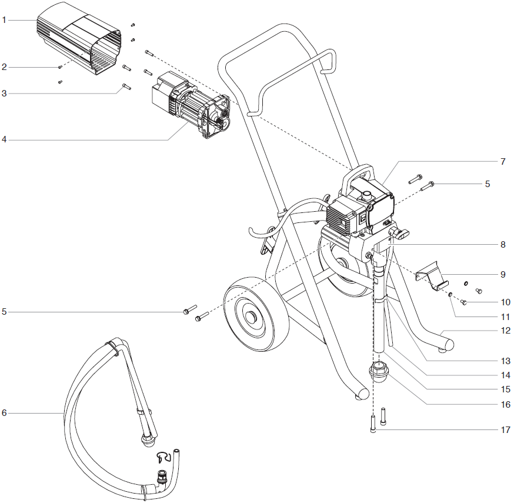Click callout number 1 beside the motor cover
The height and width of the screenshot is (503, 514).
click(x=4, y=20)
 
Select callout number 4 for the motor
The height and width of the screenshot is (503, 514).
click(x=4, y=140)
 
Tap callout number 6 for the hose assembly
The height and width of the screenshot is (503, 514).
click(x=4, y=413)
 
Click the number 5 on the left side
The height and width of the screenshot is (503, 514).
click(x=4, y=311)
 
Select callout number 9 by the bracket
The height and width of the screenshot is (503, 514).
click(x=503, y=274)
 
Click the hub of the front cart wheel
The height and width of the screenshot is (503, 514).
click(x=252, y=318)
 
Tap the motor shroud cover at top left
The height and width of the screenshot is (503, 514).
click(x=82, y=44)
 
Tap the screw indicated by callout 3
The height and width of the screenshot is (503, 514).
click(x=126, y=86)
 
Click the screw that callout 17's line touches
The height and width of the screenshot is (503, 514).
click(x=373, y=424)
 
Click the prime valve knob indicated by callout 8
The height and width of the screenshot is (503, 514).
click(x=399, y=235)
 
